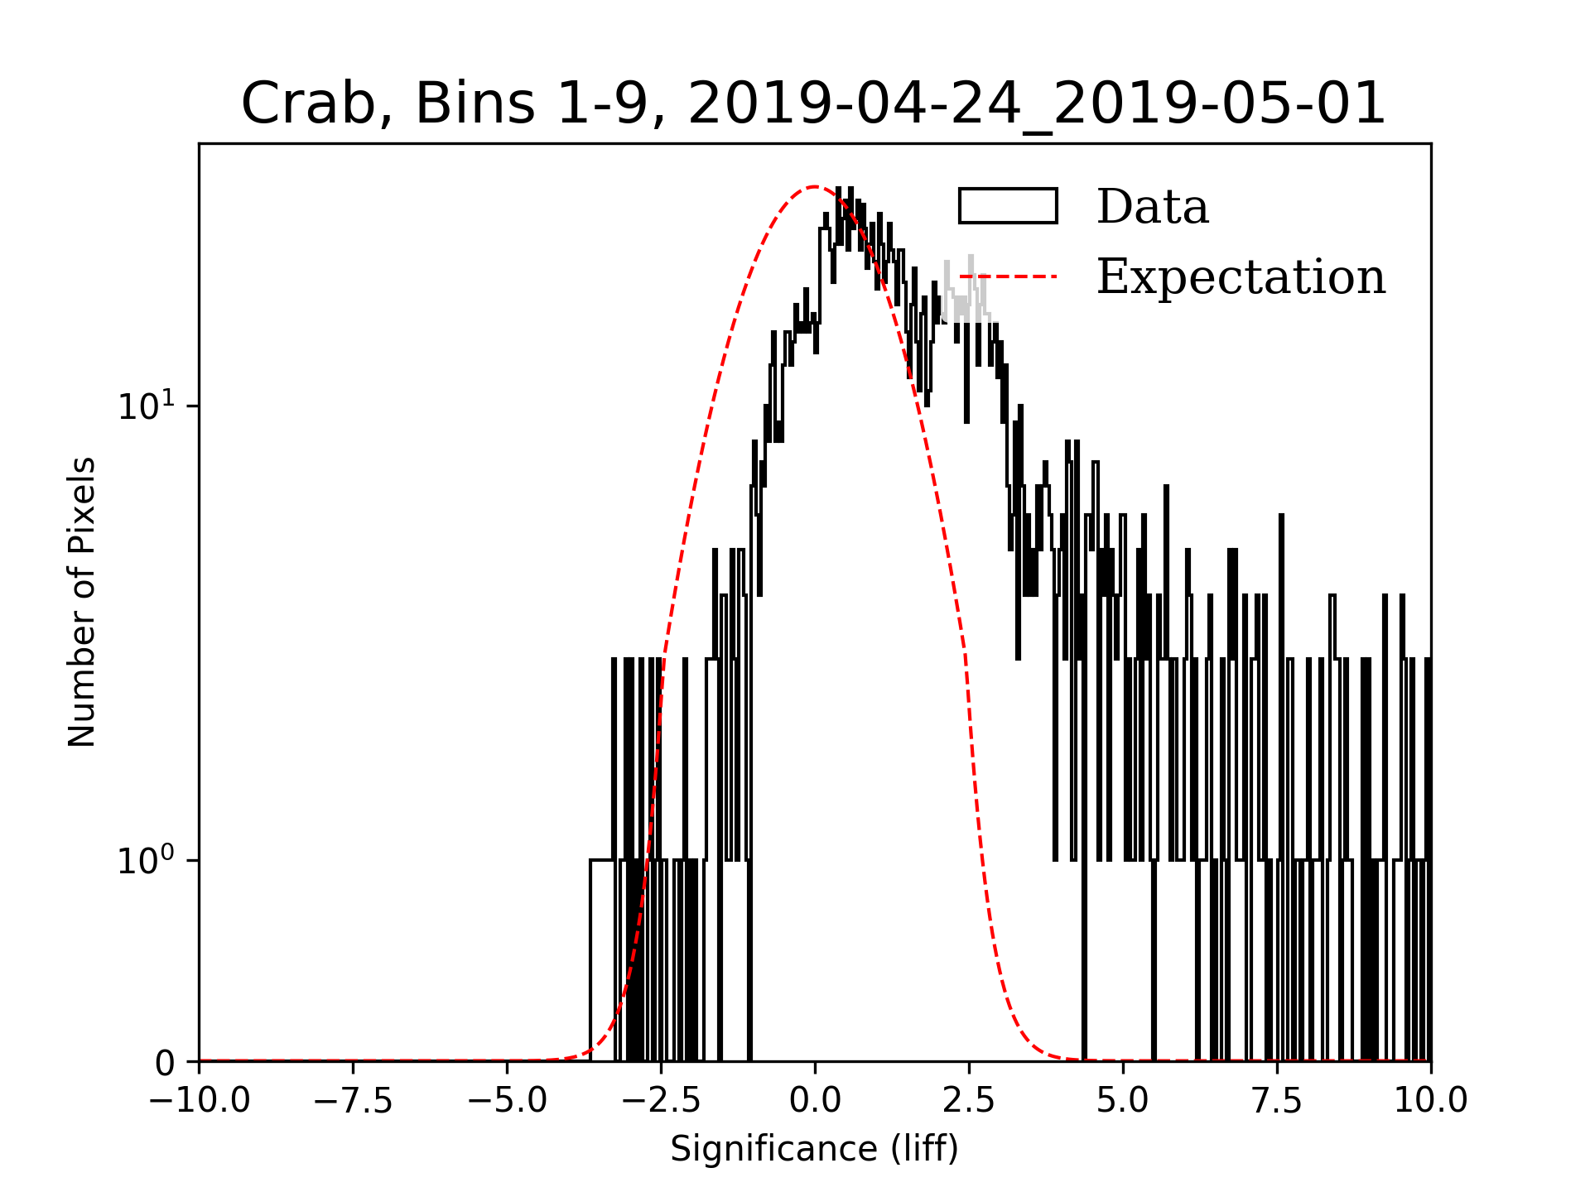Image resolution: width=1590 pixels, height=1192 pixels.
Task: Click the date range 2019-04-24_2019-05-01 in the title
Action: (x=1037, y=104)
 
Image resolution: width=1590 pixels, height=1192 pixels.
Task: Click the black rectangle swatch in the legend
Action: (x=1008, y=206)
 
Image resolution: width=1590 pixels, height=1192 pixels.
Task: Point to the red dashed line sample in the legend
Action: (x=1008, y=276)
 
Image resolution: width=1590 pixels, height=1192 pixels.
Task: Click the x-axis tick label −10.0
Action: (x=200, y=1100)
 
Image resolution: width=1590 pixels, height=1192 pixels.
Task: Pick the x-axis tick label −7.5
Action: (x=354, y=1100)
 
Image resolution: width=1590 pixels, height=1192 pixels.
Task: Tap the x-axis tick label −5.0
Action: (x=508, y=1100)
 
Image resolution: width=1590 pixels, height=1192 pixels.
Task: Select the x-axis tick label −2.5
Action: (x=662, y=1100)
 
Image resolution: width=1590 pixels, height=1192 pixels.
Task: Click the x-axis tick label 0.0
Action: (x=815, y=1100)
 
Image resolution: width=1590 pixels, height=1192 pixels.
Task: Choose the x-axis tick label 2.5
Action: (x=969, y=1100)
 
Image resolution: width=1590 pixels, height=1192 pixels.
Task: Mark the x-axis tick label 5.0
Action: (x=1123, y=1100)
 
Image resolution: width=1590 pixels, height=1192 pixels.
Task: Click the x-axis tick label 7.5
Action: (x=1277, y=1100)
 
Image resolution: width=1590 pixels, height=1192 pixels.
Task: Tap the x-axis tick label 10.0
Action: (x=1431, y=1100)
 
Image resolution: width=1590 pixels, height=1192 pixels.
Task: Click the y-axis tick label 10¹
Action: (x=147, y=406)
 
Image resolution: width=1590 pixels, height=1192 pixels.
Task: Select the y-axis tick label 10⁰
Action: (x=147, y=860)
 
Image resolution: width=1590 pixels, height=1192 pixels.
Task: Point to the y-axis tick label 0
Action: (x=166, y=1064)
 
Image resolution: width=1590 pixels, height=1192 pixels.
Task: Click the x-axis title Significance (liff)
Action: (x=815, y=1149)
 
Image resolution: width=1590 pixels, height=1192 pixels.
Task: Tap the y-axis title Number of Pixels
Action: (x=82, y=602)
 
